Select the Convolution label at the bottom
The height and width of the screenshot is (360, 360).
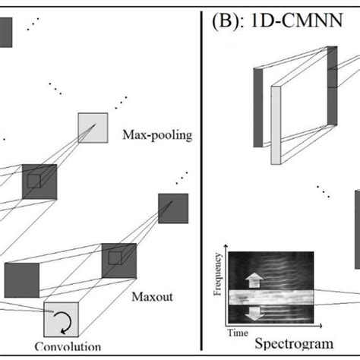[68, 347]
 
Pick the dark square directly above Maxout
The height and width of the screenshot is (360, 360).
[118, 261]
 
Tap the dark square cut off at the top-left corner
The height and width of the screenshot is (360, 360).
[5, 32]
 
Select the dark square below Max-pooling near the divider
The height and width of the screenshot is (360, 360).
[172, 208]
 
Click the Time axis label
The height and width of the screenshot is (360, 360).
[239, 333]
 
